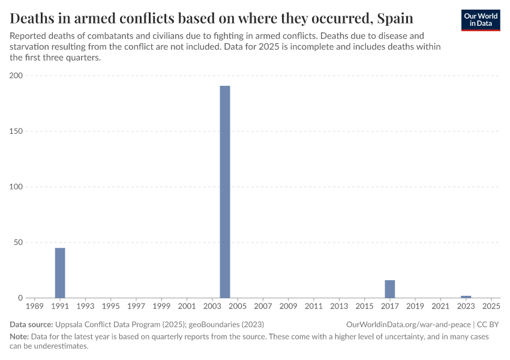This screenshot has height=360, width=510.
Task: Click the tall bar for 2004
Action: [x=225, y=192]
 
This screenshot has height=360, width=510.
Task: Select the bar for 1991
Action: [x=60, y=273]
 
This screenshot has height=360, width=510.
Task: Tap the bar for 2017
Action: [x=390, y=289]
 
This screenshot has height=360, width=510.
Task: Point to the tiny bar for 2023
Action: [x=466, y=297]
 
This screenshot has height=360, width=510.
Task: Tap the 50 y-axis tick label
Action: [x=18, y=242]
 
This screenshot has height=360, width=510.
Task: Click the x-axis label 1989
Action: [x=35, y=307]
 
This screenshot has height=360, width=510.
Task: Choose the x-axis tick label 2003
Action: [x=212, y=307]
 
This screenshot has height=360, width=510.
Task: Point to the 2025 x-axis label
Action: [x=491, y=307]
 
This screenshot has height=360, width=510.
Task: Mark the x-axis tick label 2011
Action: [x=314, y=307]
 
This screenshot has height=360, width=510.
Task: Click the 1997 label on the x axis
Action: [x=136, y=307]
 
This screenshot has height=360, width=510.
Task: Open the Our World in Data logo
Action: [x=481, y=20]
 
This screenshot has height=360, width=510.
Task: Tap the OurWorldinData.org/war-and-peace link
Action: [x=409, y=324]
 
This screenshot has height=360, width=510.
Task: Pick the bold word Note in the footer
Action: [x=20, y=337]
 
